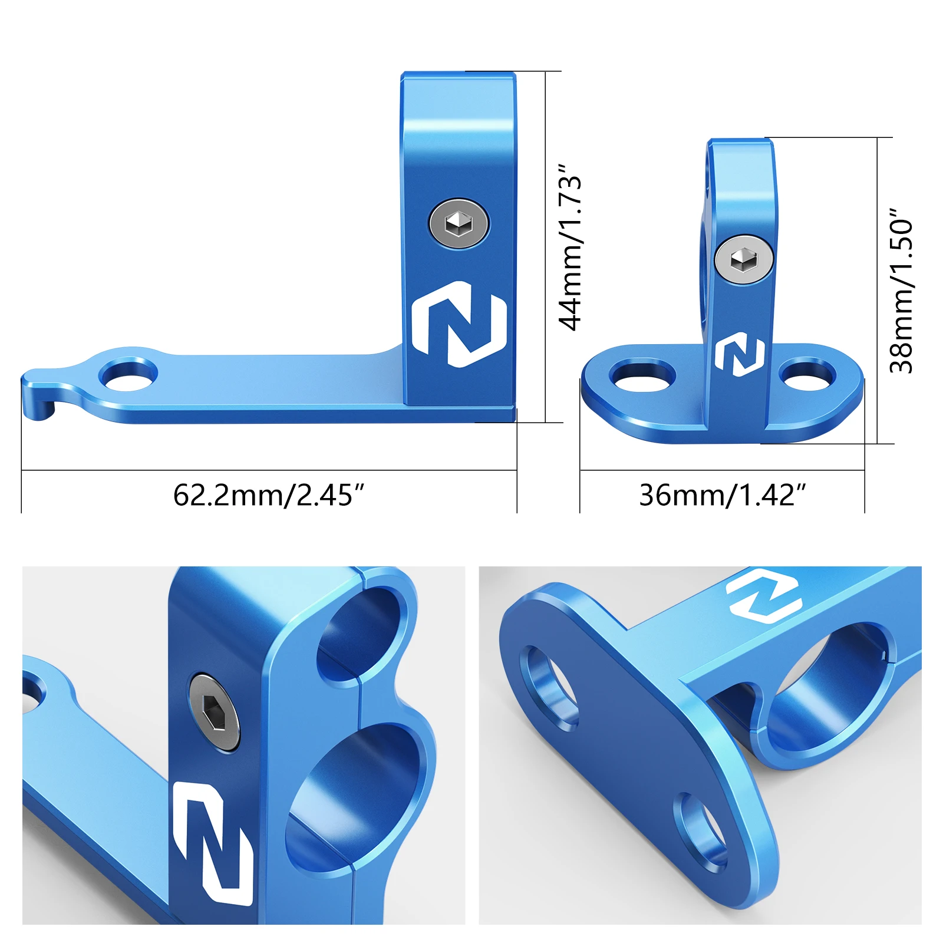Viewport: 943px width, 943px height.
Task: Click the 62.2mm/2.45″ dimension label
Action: click(269, 495)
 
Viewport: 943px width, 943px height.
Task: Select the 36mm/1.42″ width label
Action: click(723, 495)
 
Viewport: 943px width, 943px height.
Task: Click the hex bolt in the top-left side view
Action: click(459, 223)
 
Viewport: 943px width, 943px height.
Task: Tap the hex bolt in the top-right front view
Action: click(744, 259)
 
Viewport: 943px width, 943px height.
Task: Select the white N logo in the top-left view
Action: click(459, 324)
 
